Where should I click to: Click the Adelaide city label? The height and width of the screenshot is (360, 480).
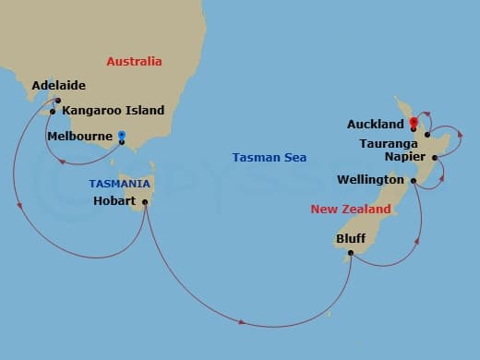click(x=58, y=86)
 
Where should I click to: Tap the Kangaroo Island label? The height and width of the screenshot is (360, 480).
click(x=113, y=111)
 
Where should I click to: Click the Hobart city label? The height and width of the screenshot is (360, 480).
click(x=115, y=200)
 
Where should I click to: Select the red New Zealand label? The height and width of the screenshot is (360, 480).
click(x=350, y=210)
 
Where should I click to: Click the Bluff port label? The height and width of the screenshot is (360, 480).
click(x=350, y=238)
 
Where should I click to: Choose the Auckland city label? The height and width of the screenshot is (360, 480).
click(x=375, y=124)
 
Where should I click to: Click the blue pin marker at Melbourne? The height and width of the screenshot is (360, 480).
click(x=122, y=137)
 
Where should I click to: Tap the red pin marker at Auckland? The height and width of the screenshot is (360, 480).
click(x=413, y=122)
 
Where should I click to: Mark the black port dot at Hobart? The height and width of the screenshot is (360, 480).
click(x=145, y=201)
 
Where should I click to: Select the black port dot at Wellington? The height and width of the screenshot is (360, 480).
click(x=414, y=180)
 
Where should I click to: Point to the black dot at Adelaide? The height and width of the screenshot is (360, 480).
click(x=57, y=100)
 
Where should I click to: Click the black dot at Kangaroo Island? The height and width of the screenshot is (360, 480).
click(x=53, y=112)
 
